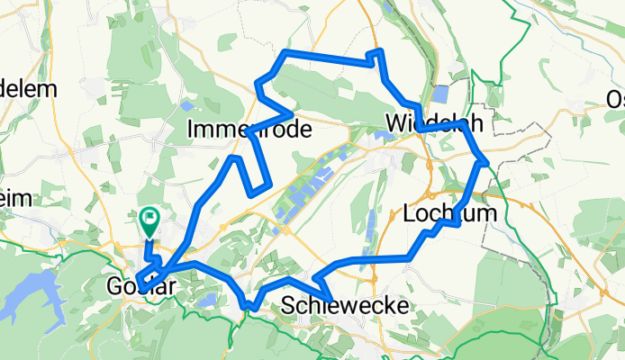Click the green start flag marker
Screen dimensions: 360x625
tap(149, 219)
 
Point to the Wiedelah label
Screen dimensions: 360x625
tap(429, 122)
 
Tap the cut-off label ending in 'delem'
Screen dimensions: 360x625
tap(28, 89)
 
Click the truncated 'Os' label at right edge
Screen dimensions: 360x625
tap(615, 99)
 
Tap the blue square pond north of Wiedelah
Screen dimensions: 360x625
tap(440, 94)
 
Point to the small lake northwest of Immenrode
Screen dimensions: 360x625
tap(186, 104)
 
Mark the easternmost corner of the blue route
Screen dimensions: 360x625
tap(486, 162)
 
